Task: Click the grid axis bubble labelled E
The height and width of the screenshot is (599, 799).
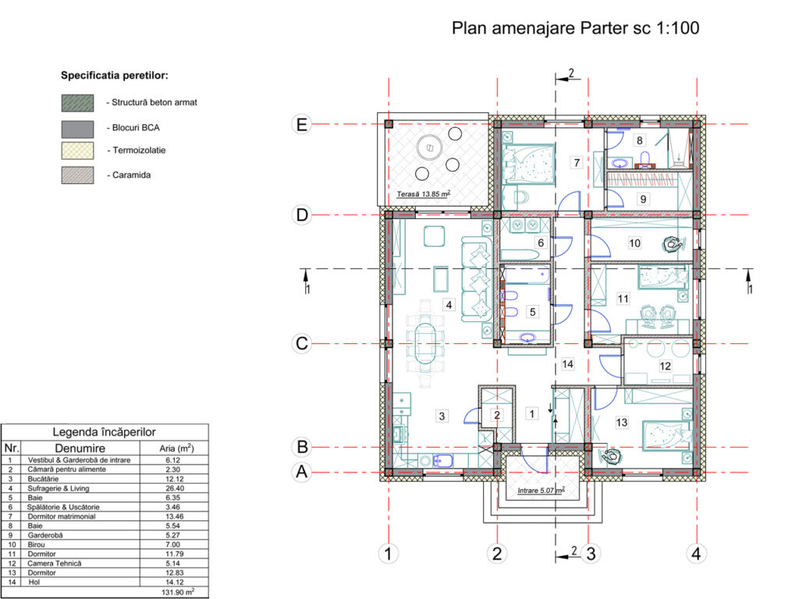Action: click(302, 124)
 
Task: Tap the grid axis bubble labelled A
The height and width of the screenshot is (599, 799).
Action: click(302, 472)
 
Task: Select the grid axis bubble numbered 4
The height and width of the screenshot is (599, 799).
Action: click(696, 553)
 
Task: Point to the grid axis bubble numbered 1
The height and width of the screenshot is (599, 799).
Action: click(389, 553)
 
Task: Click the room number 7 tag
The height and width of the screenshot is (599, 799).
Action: click(577, 162)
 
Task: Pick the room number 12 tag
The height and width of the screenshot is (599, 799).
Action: click(665, 366)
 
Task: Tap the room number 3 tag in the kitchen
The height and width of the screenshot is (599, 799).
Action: click(442, 416)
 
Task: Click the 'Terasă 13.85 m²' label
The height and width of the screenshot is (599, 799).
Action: click(423, 194)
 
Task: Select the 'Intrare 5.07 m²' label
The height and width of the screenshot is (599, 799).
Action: click(542, 491)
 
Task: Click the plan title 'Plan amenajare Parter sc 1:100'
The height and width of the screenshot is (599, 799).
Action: click(575, 28)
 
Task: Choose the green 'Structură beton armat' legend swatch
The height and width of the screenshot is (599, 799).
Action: click(77, 103)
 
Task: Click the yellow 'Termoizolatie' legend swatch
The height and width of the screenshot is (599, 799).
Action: click(77, 151)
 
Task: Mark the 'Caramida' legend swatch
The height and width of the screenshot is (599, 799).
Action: click(77, 175)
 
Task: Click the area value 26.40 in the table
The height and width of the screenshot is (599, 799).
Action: click(174, 488)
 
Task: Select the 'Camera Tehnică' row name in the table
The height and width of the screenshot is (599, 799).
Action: click(55, 563)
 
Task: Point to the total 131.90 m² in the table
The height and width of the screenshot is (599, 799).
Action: click(178, 592)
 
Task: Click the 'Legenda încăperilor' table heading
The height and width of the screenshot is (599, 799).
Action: click(105, 432)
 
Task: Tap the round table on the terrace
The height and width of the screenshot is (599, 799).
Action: click(430, 148)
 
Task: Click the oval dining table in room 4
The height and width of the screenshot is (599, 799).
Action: click(425, 344)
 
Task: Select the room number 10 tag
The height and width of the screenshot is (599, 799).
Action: click(634, 243)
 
